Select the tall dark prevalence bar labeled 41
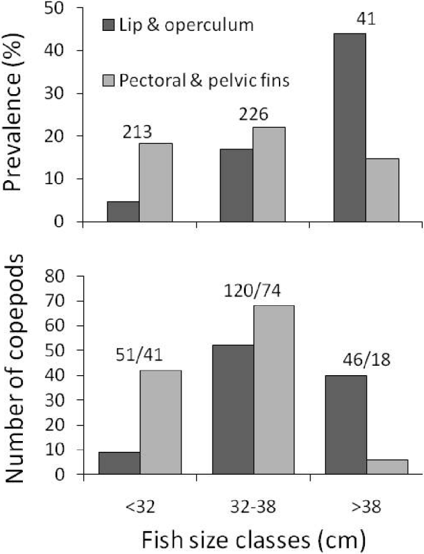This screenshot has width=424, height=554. [x=349, y=128]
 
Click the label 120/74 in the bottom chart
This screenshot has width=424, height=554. [x=253, y=292]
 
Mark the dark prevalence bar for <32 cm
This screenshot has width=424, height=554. [x=123, y=212]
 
